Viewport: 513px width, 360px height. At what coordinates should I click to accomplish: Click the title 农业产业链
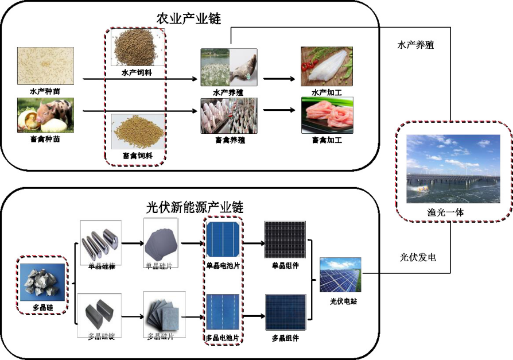click(189, 19)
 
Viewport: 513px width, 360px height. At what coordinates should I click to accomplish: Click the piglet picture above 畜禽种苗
click(45, 113)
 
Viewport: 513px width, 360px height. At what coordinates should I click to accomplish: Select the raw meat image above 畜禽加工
click(327, 115)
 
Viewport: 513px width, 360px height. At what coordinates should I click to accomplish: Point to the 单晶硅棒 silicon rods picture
click(101, 242)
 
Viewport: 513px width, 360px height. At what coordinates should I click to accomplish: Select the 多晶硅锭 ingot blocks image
click(101, 311)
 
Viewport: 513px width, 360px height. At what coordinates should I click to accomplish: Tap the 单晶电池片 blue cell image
click(223, 241)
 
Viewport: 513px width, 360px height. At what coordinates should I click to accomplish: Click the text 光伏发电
click(417, 257)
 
